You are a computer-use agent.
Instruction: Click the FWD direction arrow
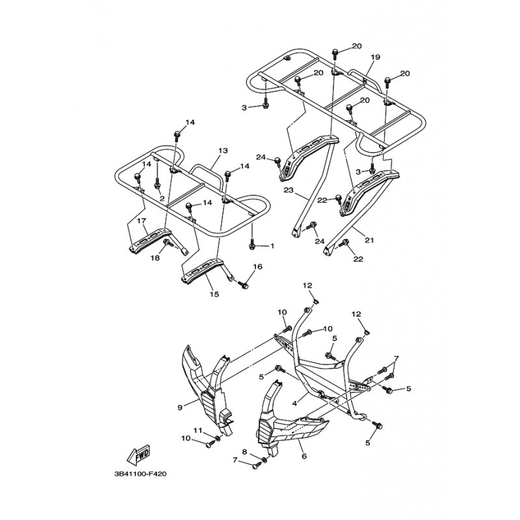(139, 454)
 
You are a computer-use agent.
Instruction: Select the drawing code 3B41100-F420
(140, 474)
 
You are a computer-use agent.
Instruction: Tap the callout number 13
(223, 151)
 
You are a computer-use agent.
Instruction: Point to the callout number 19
(375, 57)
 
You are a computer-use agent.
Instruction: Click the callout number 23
(289, 190)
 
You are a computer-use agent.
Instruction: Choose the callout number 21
(369, 240)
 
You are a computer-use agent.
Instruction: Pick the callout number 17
(141, 220)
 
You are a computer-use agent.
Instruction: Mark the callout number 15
(214, 294)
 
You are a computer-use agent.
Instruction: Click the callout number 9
(180, 408)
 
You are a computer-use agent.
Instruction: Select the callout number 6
(304, 457)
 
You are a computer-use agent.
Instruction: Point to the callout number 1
(272, 246)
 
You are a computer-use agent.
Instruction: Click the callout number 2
(162, 199)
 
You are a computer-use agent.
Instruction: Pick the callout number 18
(155, 257)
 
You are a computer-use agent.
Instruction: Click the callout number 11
(198, 430)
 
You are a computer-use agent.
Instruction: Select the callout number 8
(244, 451)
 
